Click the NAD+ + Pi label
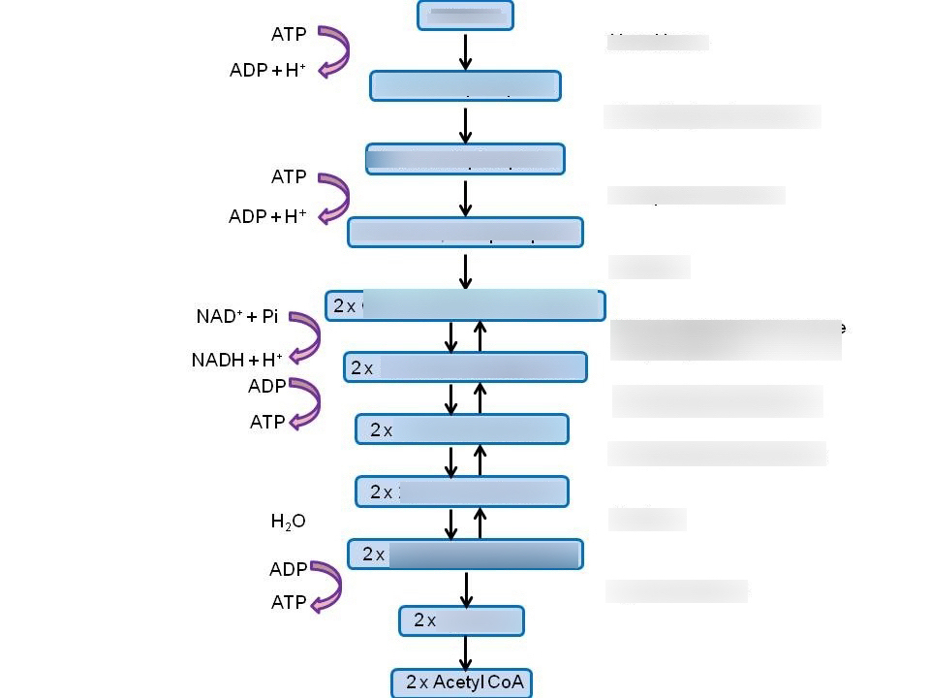pyautogui.click(x=236, y=317)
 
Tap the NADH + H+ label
pyautogui.click(x=236, y=360)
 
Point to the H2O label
pyautogui.click(x=288, y=522)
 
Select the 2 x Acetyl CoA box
pyautogui.click(x=462, y=682)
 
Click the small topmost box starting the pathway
pyautogui.click(x=465, y=16)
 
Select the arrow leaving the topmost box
pyautogui.click(x=465, y=51)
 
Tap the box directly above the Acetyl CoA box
pyautogui.click(x=461, y=620)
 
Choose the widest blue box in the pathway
pyautogui.click(x=465, y=305)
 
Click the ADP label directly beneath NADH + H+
pyautogui.click(x=266, y=386)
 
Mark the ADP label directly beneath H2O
pyautogui.click(x=288, y=569)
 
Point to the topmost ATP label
pyautogui.click(x=289, y=34)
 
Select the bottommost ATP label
pyautogui.click(x=288, y=602)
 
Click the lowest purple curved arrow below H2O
pyautogui.click(x=324, y=586)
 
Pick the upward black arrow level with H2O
pyautogui.click(x=480, y=523)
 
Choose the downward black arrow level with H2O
pyautogui.click(x=450, y=523)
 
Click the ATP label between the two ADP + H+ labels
pyautogui.click(x=289, y=177)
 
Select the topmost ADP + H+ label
pyautogui.click(x=267, y=71)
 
